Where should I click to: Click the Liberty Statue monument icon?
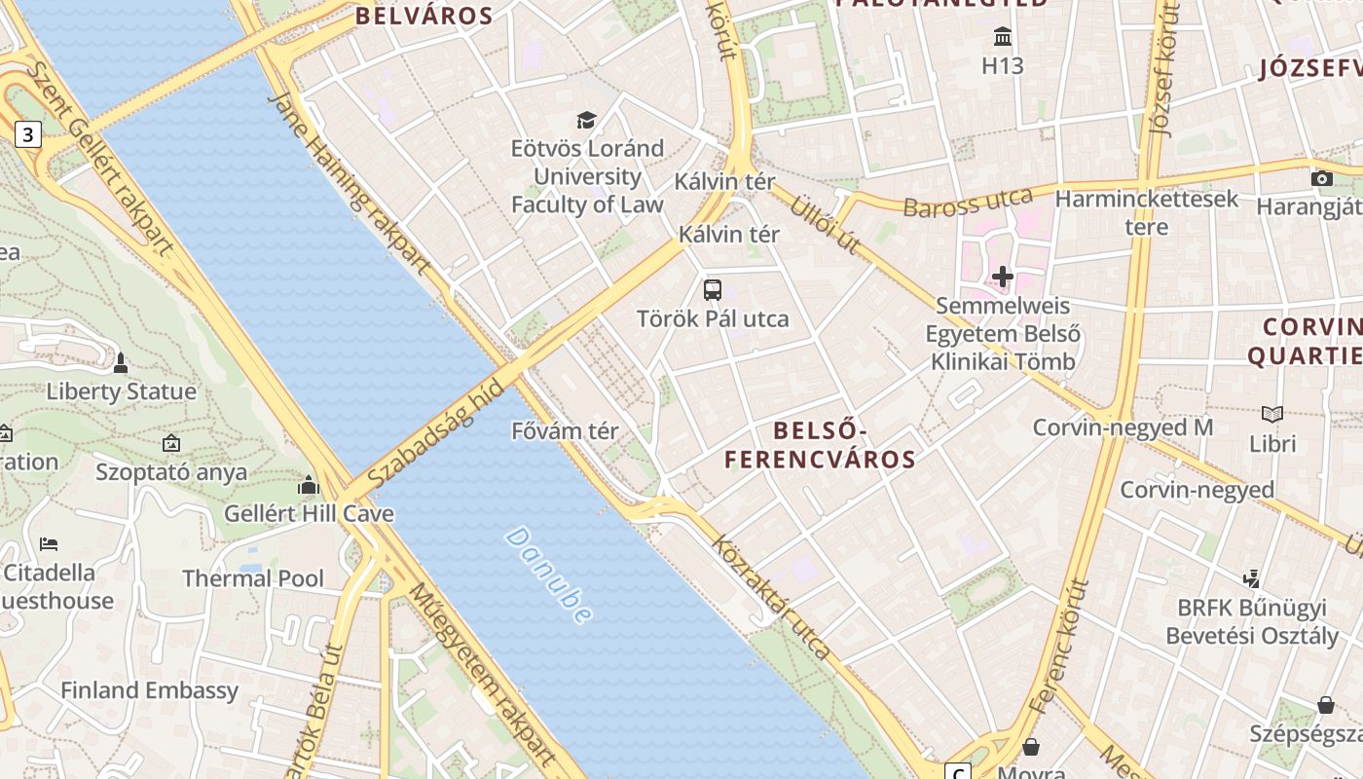121,363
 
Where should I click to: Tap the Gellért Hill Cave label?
296,512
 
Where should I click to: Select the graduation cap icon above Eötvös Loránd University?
586,120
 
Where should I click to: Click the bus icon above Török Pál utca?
713,289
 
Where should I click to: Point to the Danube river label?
549,575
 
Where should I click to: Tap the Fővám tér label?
566,430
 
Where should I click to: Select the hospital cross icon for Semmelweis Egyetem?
1003,278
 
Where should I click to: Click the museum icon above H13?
1003,37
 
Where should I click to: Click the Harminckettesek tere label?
1147,213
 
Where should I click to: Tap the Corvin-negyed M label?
1123,427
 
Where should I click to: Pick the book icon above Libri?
1272,414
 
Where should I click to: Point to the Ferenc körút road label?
1058,643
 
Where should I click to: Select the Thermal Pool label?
253,578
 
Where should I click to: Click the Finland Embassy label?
149,690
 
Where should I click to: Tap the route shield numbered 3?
28,134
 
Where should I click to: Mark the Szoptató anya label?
171,472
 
